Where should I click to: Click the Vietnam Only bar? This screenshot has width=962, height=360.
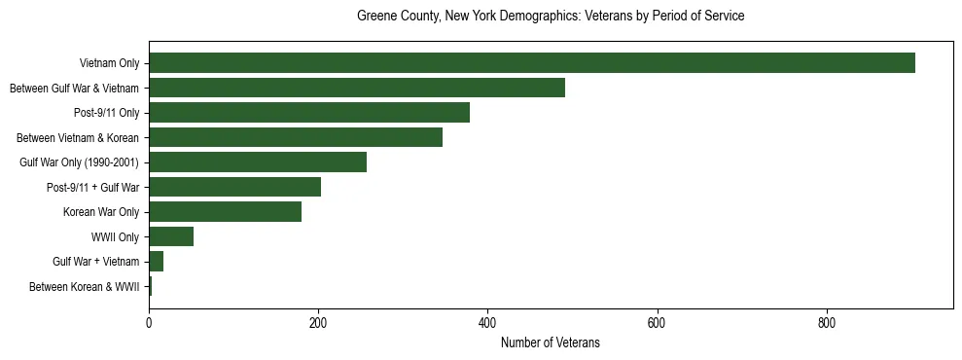[532, 63]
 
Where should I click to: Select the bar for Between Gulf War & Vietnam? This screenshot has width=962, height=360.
[357, 88]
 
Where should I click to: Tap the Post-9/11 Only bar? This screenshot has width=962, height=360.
[309, 113]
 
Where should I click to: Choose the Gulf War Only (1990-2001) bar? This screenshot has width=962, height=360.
[258, 162]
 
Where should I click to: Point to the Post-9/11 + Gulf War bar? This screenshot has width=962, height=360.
[234, 187]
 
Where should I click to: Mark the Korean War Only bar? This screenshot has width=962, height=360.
[225, 212]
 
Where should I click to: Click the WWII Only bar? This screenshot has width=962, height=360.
[171, 236]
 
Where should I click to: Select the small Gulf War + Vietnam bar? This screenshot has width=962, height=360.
[156, 262]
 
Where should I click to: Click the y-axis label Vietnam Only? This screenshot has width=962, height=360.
[109, 64]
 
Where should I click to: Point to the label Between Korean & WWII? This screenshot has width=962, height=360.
[85, 287]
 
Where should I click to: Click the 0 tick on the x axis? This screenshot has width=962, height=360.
[149, 322]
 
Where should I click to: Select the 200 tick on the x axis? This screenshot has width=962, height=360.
[318, 322]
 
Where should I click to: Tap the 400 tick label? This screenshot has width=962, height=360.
[487, 322]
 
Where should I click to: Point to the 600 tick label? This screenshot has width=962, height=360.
[657, 322]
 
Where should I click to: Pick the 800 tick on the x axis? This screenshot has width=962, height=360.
[827, 322]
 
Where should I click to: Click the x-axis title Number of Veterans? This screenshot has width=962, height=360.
[551, 342]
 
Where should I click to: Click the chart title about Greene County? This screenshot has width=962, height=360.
[551, 17]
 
